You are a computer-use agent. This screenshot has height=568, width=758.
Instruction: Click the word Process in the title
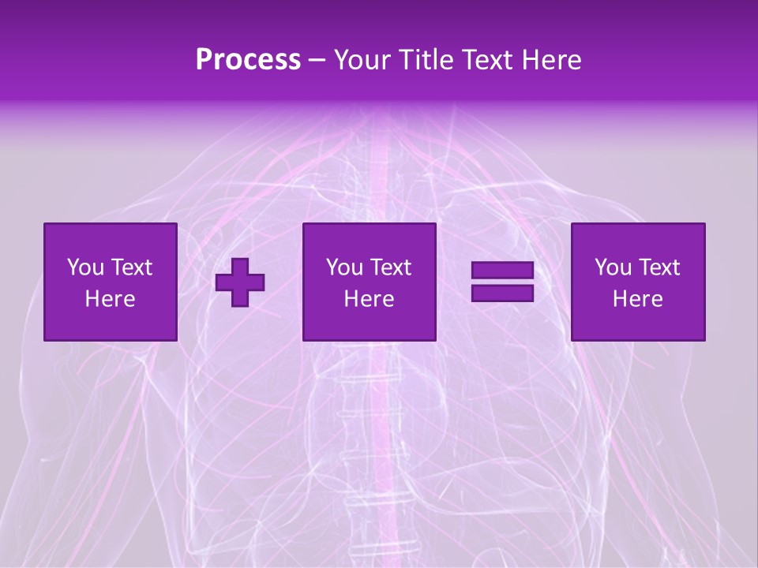pyautogui.click(x=248, y=59)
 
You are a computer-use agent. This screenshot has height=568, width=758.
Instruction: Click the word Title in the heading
pyautogui.click(x=426, y=59)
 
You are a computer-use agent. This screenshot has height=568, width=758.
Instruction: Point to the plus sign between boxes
pyautogui.click(x=240, y=282)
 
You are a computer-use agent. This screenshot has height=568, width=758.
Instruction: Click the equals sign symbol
pyautogui.click(x=502, y=282)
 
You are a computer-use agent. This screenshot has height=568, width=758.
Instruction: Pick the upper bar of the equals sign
pyautogui.click(x=502, y=271)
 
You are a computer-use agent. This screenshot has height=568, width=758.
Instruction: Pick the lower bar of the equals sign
pyautogui.click(x=502, y=293)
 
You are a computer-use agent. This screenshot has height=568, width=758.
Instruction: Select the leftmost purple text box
pyautogui.click(x=111, y=282)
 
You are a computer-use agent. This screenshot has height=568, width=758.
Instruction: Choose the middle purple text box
pyautogui.click(x=369, y=282)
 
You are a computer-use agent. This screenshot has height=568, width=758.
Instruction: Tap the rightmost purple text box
pyautogui.click(x=638, y=282)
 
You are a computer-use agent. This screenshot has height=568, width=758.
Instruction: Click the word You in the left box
pyautogui.click(x=84, y=267)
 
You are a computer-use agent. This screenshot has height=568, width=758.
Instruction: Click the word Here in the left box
pyautogui.click(x=111, y=299)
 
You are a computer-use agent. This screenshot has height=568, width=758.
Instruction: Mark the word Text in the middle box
pyautogui.click(x=390, y=267)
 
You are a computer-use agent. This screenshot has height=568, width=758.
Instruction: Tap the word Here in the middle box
pyautogui.click(x=369, y=299)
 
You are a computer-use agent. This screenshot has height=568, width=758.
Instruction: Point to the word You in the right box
pyautogui.click(x=613, y=267)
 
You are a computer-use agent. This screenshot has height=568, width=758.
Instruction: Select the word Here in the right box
pyautogui.click(x=638, y=299)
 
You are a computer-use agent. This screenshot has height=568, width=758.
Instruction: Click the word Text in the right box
pyautogui.click(x=659, y=267)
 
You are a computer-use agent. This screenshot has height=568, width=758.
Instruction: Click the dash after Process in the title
pyautogui.click(x=317, y=61)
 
